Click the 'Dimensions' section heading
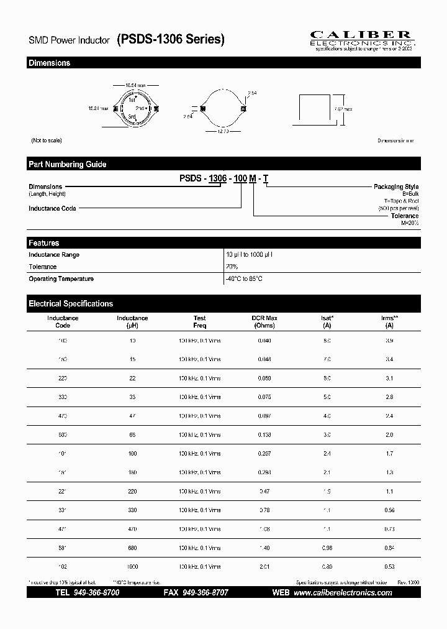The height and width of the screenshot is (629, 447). (49, 63)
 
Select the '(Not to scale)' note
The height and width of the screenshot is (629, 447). (45, 141)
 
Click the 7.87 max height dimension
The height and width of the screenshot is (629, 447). (343, 109)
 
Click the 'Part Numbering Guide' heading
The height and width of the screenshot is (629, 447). (67, 165)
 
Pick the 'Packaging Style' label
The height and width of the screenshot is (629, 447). (395, 187)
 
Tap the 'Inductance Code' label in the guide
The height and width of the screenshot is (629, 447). (52, 209)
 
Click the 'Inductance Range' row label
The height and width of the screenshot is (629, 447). (54, 255)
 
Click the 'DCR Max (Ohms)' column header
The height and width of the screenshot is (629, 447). (264, 321)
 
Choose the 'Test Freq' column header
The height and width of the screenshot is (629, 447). (199, 321)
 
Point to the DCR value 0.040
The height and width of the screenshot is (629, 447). (264, 341)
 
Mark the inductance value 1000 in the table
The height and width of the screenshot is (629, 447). (132, 567)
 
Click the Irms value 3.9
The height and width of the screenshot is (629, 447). (389, 341)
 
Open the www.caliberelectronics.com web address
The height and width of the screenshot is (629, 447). (342, 593)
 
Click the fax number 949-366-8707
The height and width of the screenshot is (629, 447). (204, 593)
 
